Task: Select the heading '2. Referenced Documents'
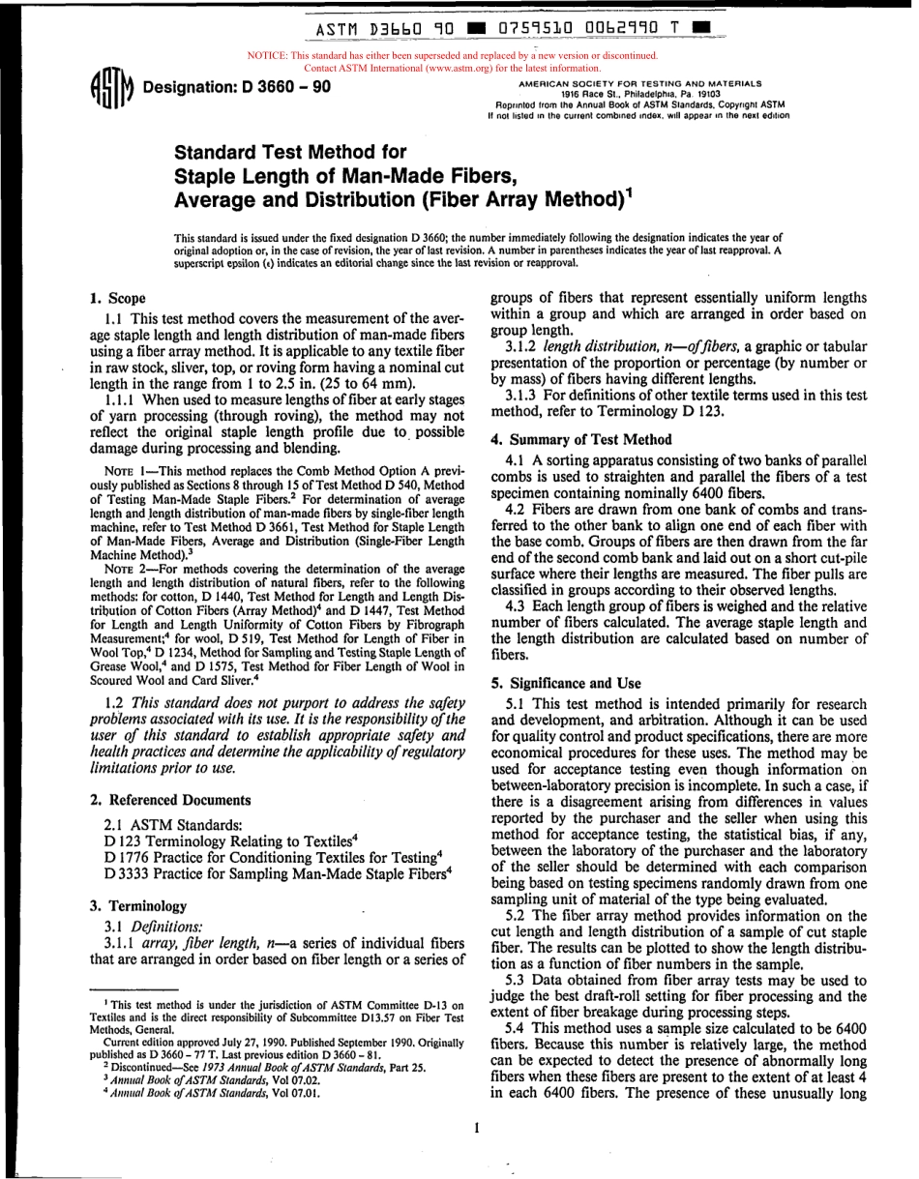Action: [170, 800]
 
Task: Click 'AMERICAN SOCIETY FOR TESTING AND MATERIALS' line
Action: [639, 84]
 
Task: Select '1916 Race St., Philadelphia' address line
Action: [639, 95]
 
